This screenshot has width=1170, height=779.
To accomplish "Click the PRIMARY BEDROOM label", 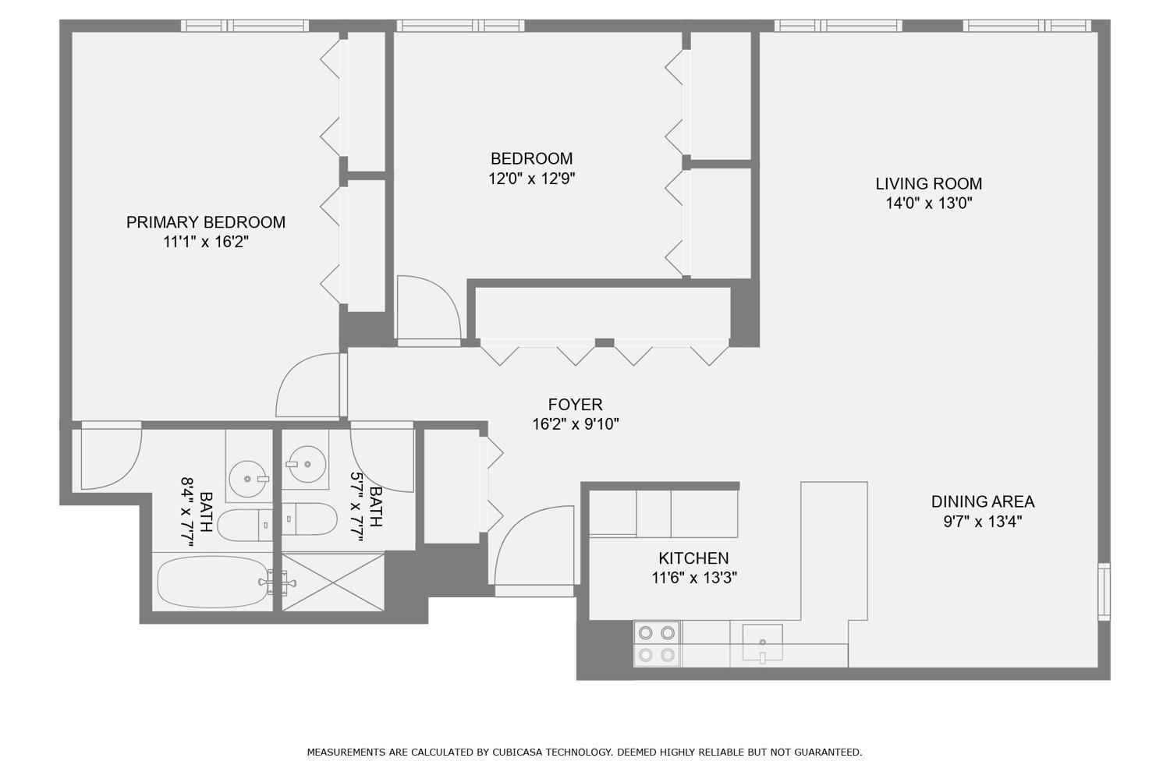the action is [x=206, y=222].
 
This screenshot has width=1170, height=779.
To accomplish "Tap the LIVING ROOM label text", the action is [x=929, y=184].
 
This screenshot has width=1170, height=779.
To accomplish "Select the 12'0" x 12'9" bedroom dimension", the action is [x=532, y=179].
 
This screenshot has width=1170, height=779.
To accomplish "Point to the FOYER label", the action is [x=575, y=404].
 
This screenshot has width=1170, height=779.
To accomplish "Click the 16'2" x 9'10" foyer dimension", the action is [x=575, y=424].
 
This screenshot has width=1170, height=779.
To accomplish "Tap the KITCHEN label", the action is [x=693, y=558].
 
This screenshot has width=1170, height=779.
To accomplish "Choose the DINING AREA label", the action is [x=983, y=501].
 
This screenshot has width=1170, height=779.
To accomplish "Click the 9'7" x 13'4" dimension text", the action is [x=983, y=521].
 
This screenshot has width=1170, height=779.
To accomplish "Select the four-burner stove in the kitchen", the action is [x=657, y=643].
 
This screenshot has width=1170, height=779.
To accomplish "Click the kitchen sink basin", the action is [x=763, y=643].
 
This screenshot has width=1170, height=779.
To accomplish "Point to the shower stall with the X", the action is [x=333, y=582].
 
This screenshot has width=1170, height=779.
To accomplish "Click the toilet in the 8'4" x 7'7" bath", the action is [x=244, y=526].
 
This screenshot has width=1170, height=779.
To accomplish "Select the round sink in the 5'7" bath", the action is [x=306, y=464].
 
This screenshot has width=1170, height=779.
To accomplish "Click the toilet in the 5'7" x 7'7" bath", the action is [x=309, y=519].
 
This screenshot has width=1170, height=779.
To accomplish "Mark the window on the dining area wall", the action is [x=1104, y=592].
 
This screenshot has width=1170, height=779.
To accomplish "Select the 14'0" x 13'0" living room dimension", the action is [x=929, y=203].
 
